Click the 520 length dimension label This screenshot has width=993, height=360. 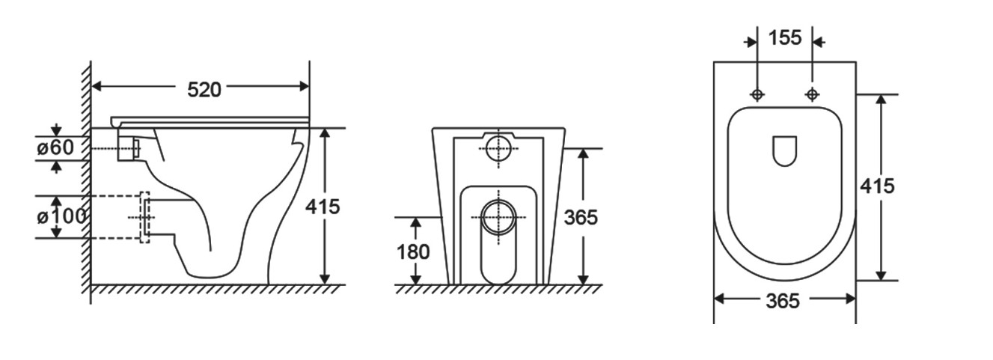[204, 90]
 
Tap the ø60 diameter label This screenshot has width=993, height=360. [55, 147]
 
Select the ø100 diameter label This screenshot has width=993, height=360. [61, 217]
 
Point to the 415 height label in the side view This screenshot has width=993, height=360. [323, 207]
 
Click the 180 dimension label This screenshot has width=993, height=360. [413, 252]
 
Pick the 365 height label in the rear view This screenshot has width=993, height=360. [581, 217]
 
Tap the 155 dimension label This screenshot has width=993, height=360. [785, 37]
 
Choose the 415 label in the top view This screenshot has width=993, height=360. [877, 186]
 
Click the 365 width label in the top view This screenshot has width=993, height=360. [783, 302]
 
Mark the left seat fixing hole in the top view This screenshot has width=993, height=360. [757, 94]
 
